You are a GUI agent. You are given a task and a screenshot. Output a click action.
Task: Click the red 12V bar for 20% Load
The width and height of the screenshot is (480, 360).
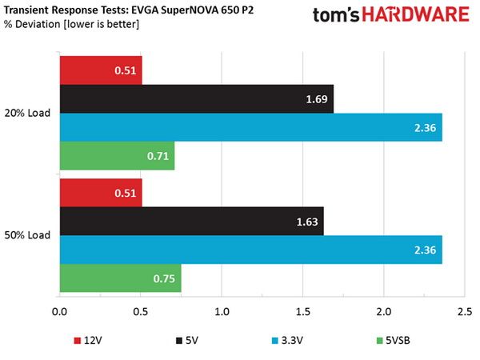pos(101,70)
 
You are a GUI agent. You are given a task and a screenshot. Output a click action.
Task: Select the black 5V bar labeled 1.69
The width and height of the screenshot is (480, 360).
pos(197,99)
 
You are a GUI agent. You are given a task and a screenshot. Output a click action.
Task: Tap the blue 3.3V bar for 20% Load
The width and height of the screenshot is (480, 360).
pos(251,127)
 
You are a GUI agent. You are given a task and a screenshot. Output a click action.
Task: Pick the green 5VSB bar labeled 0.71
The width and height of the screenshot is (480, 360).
pos(117,156)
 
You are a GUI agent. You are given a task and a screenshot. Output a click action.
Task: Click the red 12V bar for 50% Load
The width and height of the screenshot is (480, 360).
pos(101,193)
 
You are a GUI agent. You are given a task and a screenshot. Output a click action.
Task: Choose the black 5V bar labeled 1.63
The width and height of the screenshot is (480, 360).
pos(192,222)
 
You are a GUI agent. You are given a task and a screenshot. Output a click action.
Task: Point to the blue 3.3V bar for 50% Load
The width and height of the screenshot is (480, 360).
pos(251,250)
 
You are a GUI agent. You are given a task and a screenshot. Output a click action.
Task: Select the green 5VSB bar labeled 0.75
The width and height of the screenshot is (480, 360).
pos(120,278)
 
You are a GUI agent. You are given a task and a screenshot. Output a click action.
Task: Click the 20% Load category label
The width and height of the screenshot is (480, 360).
pos(27,113)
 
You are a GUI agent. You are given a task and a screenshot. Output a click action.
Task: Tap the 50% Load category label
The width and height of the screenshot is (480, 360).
pos(27,235)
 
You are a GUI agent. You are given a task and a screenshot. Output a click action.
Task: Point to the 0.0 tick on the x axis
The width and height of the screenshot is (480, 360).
pos(59,312)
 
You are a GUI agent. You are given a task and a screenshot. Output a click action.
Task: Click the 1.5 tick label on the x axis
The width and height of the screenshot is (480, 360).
pos(302,312)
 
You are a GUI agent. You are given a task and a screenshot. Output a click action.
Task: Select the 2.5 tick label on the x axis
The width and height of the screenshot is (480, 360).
pos(465,312)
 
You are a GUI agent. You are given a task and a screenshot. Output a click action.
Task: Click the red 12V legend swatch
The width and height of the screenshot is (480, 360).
pos(78,341)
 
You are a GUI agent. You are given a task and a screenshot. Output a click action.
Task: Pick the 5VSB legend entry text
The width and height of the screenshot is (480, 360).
pos(398,341)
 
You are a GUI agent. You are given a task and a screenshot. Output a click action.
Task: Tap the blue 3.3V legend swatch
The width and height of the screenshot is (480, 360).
pos(275,341)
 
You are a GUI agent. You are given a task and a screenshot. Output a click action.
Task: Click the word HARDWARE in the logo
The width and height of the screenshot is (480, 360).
pos(416,14)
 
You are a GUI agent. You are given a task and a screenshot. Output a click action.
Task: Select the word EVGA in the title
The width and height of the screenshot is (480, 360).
pos(145,10)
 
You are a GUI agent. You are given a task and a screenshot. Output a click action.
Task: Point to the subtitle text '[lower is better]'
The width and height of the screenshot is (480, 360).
pos(102,24)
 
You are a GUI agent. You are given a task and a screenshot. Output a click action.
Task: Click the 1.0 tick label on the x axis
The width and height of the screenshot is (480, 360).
pos(222,312)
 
